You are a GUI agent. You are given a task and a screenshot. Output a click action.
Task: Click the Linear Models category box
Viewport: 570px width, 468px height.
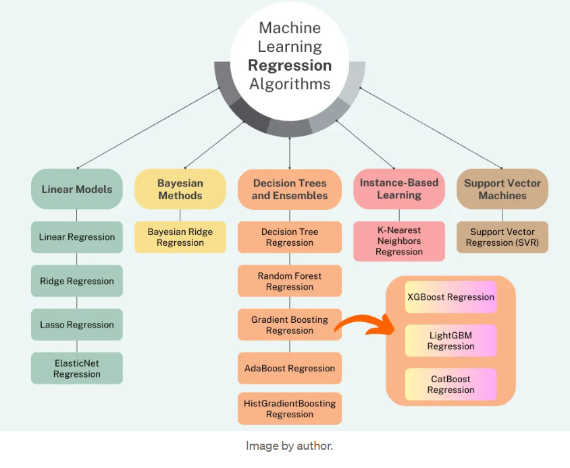coord(77,189)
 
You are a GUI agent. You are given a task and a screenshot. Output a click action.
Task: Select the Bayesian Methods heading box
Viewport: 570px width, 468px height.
coord(180,189)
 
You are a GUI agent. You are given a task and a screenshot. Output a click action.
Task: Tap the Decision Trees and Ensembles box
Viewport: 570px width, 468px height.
coord(290,189)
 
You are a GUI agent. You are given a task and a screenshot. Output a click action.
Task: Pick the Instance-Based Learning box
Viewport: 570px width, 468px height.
coord(399,189)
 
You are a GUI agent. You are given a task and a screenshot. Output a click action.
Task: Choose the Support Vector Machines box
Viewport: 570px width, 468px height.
coord(502,189)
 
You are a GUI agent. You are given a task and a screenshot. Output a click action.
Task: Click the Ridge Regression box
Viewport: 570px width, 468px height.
coord(77,281)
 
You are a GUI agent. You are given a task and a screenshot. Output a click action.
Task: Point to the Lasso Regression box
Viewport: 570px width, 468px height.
coord(77,325)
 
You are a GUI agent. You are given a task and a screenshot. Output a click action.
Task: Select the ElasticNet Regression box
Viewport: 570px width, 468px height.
coord(77,368)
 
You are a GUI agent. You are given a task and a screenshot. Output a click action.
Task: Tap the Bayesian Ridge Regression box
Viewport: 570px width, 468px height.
coord(180,237)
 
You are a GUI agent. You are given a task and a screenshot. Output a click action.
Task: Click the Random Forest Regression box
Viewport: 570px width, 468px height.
coord(290,281)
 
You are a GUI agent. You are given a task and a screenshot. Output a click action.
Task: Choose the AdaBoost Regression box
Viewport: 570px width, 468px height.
coord(290,368)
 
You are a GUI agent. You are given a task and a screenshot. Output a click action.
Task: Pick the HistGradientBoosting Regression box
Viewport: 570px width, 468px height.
coord(290,409)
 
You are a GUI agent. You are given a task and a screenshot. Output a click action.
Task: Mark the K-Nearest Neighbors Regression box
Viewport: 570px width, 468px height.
coord(399,241)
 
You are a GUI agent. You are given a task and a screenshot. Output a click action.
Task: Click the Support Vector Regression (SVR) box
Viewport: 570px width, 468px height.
coord(502,237)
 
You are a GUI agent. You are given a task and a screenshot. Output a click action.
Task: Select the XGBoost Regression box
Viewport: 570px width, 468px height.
coord(451,297)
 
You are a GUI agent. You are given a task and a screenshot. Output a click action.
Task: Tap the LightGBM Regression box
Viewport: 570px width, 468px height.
coord(451,340)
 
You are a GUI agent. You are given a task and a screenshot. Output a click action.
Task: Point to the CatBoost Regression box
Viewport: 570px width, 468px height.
coord(451,384)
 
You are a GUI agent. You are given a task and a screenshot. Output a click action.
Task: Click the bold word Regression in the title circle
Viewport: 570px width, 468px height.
coord(290,66)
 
